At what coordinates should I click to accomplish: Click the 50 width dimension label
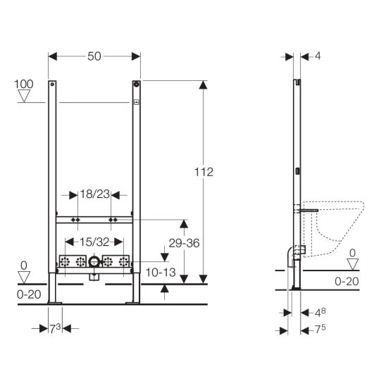(x=94, y=56)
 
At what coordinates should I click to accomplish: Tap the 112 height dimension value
(x=204, y=172)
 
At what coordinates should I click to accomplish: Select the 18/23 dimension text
(x=95, y=194)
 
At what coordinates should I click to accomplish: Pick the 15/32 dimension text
(x=94, y=242)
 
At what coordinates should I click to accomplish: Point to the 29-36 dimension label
(x=184, y=243)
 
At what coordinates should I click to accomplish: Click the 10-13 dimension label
(x=161, y=273)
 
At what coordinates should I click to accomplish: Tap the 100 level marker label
(x=24, y=85)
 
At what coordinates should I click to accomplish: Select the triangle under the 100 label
(x=24, y=96)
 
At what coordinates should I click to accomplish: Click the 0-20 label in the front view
(x=29, y=294)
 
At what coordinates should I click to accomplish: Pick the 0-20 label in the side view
(x=347, y=281)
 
